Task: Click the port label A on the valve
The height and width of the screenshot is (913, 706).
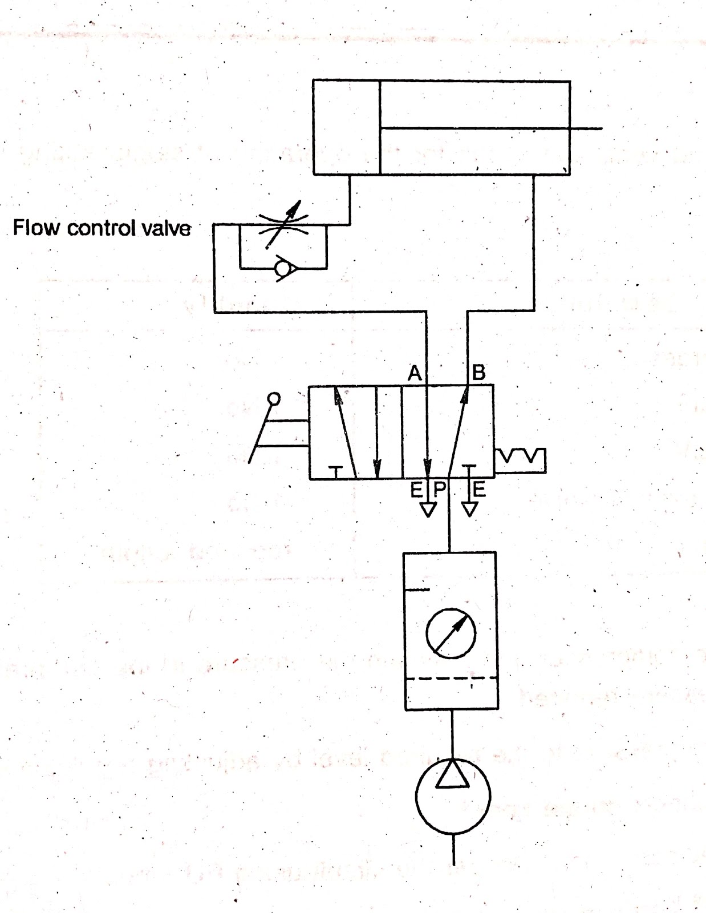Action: point(415,373)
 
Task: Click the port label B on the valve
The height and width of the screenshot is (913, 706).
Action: point(479,373)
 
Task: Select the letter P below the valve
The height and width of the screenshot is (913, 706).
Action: point(440,489)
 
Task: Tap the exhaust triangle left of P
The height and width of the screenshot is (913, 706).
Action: point(428,508)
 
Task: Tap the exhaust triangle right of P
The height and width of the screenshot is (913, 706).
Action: point(469,508)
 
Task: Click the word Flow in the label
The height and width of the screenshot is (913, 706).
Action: point(36,228)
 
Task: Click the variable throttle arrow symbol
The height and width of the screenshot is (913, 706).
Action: point(283,225)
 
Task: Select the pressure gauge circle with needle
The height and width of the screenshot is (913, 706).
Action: point(451,633)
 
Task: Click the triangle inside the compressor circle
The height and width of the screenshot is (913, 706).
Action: point(452,775)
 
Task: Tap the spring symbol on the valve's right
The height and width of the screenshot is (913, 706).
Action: point(521,460)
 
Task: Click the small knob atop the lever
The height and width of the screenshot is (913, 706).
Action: point(274,398)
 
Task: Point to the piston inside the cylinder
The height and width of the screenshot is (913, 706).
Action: point(380,127)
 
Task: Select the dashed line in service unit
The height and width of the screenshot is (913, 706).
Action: point(451,678)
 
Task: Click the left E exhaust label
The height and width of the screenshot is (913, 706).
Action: point(417,489)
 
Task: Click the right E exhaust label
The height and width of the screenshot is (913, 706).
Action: point(480,489)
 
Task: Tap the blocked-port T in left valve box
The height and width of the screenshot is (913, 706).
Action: point(336,471)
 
